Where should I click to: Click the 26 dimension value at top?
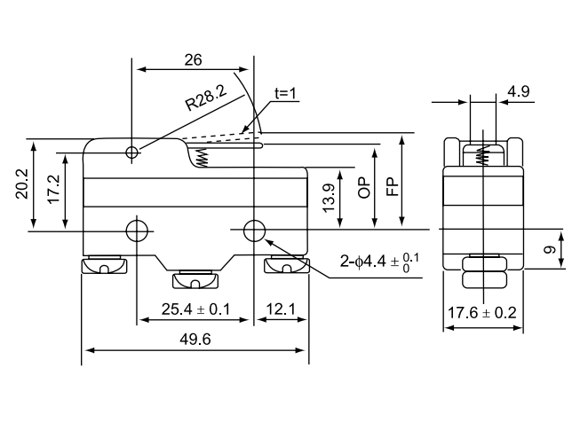pyautogui.click(x=193, y=60)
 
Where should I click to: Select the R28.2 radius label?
pyautogui.click(x=206, y=98)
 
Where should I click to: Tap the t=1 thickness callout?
pyautogui.click(x=285, y=93)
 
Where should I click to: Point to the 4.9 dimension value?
pyautogui.click(x=519, y=91)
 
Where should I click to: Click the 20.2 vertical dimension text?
pyautogui.click(x=21, y=184)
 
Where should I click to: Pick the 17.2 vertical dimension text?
pyautogui.click(x=54, y=189)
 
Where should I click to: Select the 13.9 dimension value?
pyautogui.click(x=329, y=198)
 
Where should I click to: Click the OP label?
pyautogui.click(x=364, y=189)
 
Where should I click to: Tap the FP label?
pyautogui.click(x=393, y=187)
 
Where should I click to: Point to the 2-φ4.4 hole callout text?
pyautogui.click(x=379, y=262)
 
